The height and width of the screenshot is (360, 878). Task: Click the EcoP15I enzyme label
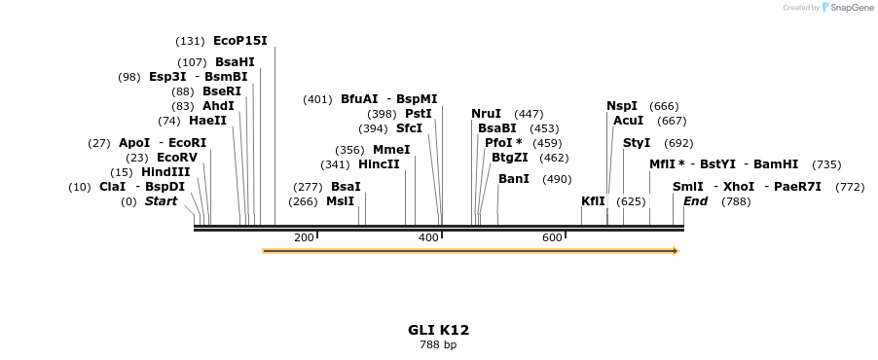pos(239,41)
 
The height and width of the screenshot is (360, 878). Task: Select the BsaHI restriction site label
pos(235,62)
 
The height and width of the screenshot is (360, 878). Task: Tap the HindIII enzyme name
pos(165,172)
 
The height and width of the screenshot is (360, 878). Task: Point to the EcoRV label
pos(176,158)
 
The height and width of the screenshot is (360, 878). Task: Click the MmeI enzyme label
pos(391,150)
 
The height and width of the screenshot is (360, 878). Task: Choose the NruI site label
pos(486,114)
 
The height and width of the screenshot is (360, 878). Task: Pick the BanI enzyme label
pos(513,179)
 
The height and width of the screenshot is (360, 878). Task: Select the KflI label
pos(593,201)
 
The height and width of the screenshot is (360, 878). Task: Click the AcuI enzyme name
pos(629,121)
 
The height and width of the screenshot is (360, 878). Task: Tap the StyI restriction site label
pos(637,143)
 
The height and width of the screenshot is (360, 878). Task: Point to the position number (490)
pos(557,179)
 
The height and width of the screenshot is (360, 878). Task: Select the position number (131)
pos(190,41)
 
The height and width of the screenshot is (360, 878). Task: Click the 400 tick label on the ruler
pos(428,237)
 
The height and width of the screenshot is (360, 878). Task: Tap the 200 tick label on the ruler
pos(304,237)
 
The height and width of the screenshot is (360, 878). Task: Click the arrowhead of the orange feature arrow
pos(674,251)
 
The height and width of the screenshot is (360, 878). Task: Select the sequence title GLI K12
pos(438,330)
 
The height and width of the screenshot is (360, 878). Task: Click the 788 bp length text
pos(438,344)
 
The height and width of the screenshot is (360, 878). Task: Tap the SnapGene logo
pos(848,8)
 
